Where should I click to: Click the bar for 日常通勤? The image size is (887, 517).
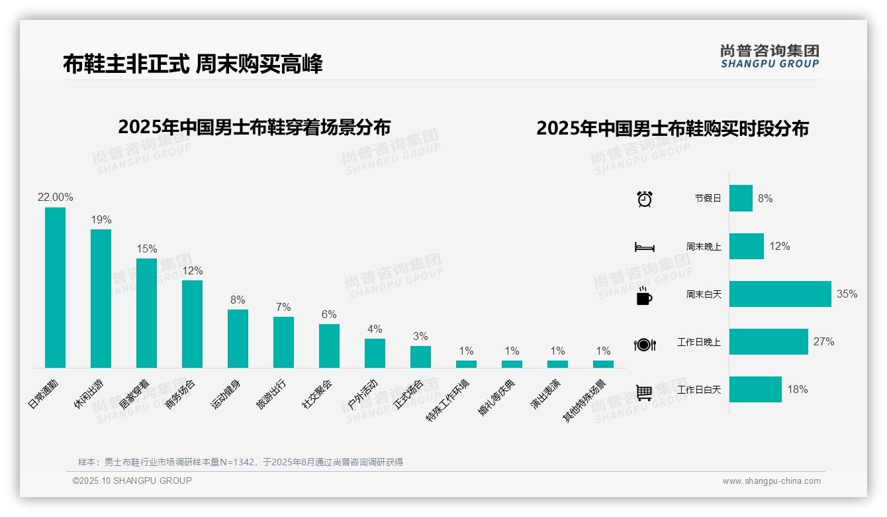(55, 288)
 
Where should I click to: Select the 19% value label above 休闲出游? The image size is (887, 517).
(101, 220)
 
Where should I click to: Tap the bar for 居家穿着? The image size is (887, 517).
(146, 313)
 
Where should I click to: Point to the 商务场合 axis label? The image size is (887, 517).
(181, 394)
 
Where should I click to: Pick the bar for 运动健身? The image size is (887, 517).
(238, 339)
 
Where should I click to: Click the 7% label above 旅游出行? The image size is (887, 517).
(283, 308)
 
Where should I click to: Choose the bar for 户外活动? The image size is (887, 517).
(375, 353)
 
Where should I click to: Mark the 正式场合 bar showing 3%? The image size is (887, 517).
(420, 357)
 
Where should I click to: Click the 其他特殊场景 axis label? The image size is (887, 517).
(584, 401)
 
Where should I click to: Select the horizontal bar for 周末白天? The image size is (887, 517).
(780, 294)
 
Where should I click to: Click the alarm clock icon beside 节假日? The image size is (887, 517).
(645, 199)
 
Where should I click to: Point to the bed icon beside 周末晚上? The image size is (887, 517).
(645, 247)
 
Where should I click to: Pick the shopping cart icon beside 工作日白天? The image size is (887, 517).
(644, 392)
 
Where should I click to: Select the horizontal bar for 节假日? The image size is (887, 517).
(741, 198)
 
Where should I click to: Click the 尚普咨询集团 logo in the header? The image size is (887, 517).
(770, 56)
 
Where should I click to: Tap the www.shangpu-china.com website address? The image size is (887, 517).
(771, 481)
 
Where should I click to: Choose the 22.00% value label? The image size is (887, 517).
(56, 198)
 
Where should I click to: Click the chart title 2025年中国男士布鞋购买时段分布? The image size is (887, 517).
(673, 129)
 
